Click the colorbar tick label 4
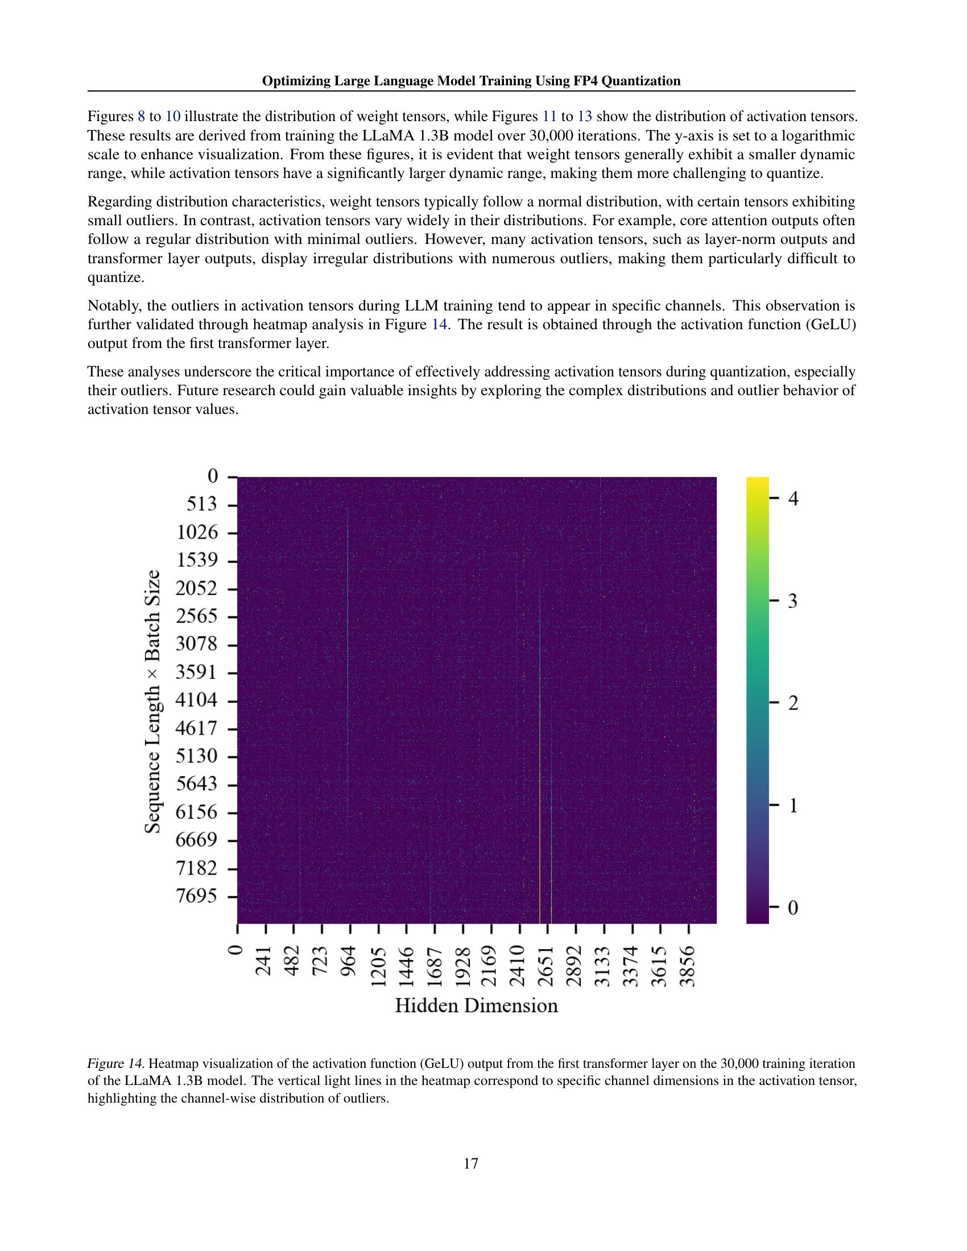[794, 499]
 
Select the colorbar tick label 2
[794, 703]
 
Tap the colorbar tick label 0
[794, 908]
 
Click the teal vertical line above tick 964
[348, 630]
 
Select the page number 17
[471, 1163]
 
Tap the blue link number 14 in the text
[438, 325]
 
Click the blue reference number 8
[142, 117]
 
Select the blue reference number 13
[584, 117]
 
